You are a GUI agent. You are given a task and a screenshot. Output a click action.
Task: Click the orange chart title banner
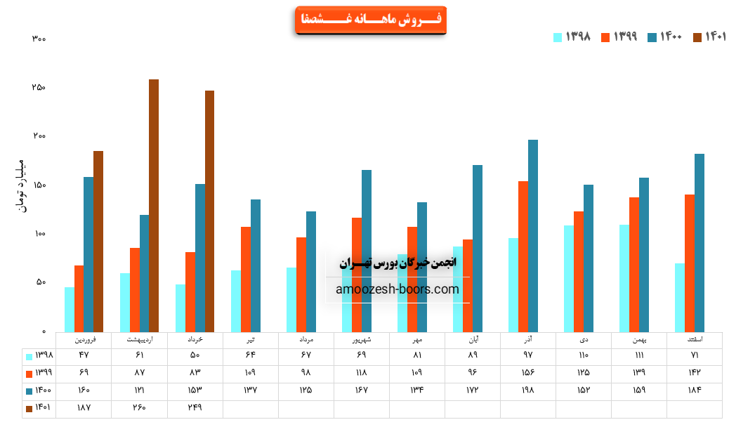tap(370, 20)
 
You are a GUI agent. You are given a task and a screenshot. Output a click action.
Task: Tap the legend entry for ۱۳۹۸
tap(572, 37)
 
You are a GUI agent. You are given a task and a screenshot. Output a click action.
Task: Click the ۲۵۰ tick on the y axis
tap(39, 88)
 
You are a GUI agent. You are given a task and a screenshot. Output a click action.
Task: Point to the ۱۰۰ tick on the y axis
tap(39, 234)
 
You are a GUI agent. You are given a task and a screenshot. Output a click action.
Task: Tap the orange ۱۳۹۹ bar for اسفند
tap(690, 263)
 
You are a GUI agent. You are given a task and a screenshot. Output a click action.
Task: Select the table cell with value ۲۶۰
tap(139, 408)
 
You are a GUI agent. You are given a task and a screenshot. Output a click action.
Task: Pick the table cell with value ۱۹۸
tap(528, 390)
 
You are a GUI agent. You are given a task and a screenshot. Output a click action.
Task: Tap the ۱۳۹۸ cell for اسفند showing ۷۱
tap(695, 355)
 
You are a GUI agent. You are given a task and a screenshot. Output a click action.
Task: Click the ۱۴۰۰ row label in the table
tap(39, 390)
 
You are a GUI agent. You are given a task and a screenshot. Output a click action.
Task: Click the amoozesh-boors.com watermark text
tap(398, 289)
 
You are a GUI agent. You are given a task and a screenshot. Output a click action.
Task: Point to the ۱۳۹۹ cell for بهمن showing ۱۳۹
tap(639, 372)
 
